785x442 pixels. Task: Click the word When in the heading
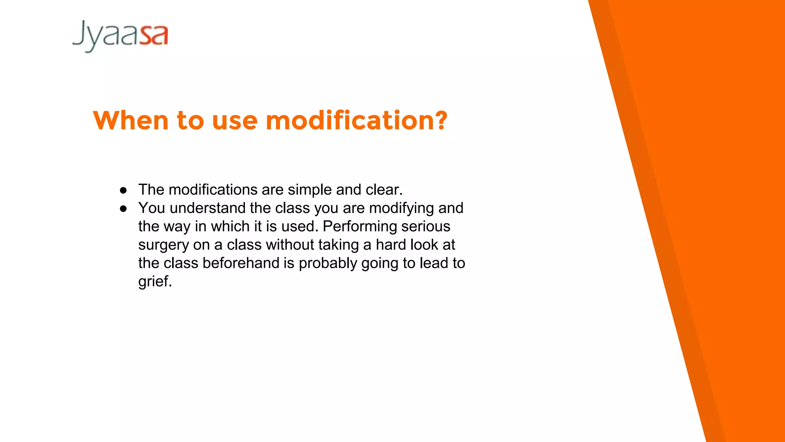[131, 120]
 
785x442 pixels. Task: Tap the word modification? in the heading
[356, 120]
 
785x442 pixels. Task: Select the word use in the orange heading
[235, 120]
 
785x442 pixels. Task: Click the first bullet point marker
[123, 190]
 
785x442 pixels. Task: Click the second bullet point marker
[123, 209]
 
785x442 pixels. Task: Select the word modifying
[401, 208]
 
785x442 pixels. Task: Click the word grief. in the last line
[155, 282]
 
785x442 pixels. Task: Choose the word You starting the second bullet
[152, 208]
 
